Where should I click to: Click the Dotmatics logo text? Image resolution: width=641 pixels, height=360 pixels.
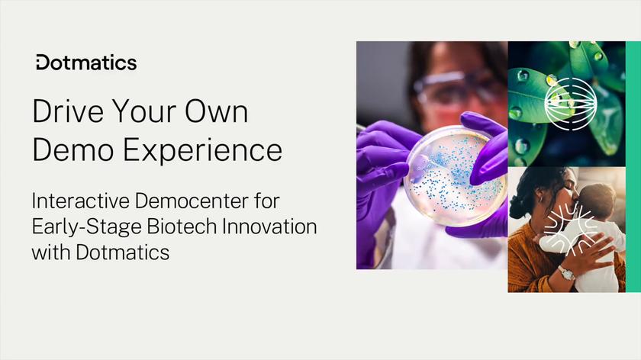pyautogui.click(x=86, y=63)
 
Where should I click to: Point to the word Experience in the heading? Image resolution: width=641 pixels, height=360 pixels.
pyautogui.click(x=201, y=149)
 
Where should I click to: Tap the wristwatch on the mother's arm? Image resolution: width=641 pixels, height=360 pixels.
pyautogui.click(x=565, y=273)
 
